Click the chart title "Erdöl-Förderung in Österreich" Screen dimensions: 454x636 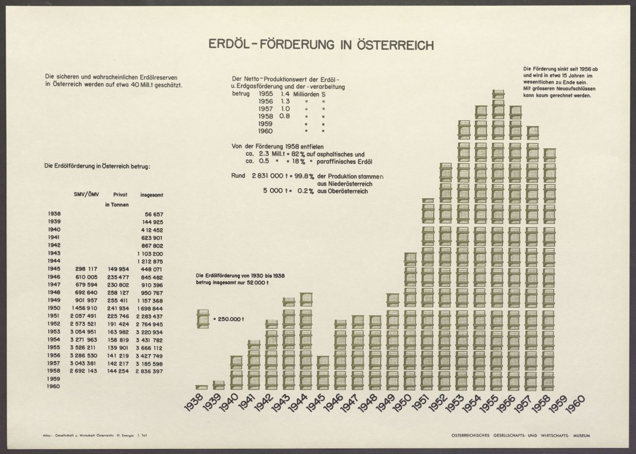(321, 45)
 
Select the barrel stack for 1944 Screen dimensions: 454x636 (305, 341)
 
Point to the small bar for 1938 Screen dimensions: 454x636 (201, 387)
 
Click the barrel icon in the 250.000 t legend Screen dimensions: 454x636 (204, 319)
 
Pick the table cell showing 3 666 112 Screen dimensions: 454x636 (149, 348)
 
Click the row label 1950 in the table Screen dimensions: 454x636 (54, 308)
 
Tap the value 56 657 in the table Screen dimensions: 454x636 (153, 214)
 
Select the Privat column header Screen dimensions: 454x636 (120, 195)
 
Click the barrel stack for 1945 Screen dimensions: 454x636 (322, 373)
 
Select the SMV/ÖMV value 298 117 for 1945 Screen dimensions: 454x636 (86, 269)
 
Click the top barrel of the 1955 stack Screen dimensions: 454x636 (498, 94)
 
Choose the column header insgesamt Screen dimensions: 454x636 (152, 195)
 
